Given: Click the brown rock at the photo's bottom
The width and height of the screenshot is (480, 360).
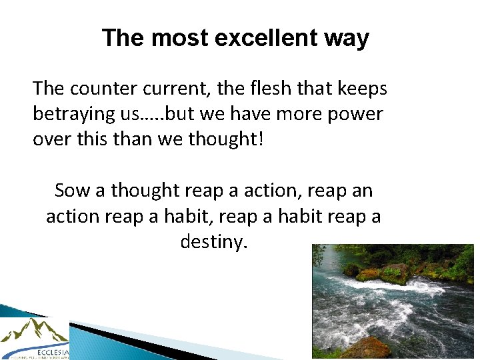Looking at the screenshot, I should tap(367, 349).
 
